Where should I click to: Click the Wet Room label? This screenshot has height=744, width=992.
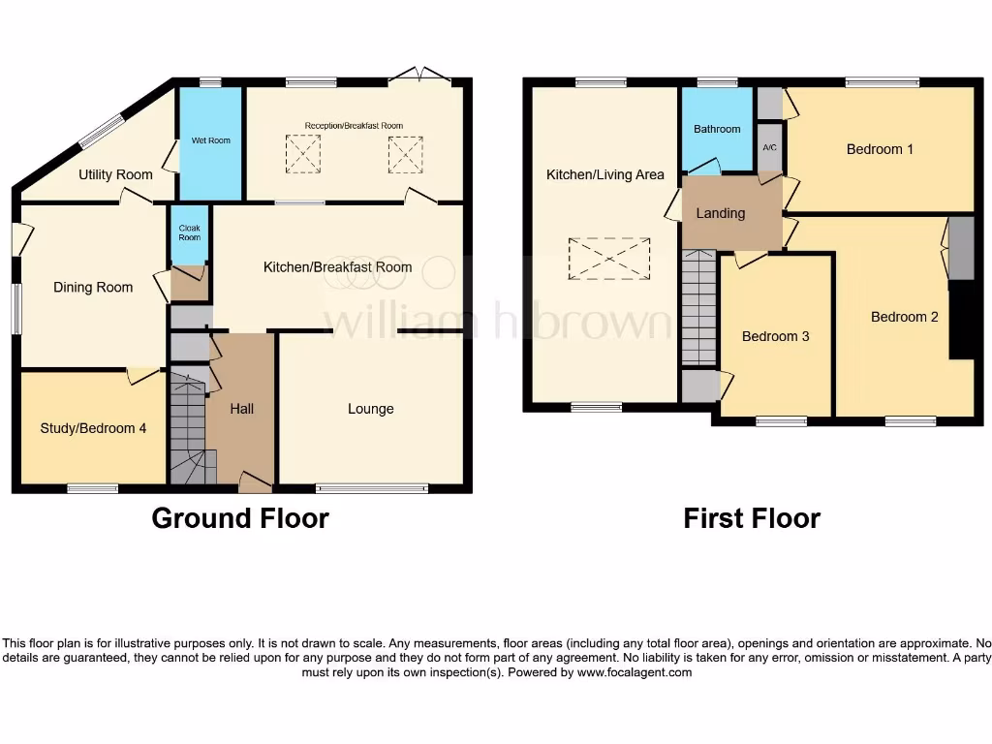point(211,140)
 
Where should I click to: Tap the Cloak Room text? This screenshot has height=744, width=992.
point(190,232)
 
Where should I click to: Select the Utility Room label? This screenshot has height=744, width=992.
point(115,175)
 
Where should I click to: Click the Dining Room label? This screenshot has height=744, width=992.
point(93,287)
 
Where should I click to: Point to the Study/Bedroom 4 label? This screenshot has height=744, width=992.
point(93,427)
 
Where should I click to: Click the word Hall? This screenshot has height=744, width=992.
point(242,409)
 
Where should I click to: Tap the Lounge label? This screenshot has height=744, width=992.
point(371,409)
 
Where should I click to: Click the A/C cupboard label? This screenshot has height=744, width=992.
point(769,148)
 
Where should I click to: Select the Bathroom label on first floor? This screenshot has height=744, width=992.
point(717,129)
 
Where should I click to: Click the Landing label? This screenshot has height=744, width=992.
point(721,213)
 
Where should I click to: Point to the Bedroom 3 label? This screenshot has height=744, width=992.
point(775,336)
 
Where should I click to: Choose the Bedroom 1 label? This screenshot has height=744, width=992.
point(880,149)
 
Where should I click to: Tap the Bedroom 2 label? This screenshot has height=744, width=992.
point(905,317)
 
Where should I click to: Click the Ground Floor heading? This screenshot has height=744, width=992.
point(240,518)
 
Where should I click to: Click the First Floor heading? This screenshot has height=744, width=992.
point(752,518)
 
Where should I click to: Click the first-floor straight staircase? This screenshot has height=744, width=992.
point(697,307)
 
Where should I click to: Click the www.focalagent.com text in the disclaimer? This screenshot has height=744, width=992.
point(635,672)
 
